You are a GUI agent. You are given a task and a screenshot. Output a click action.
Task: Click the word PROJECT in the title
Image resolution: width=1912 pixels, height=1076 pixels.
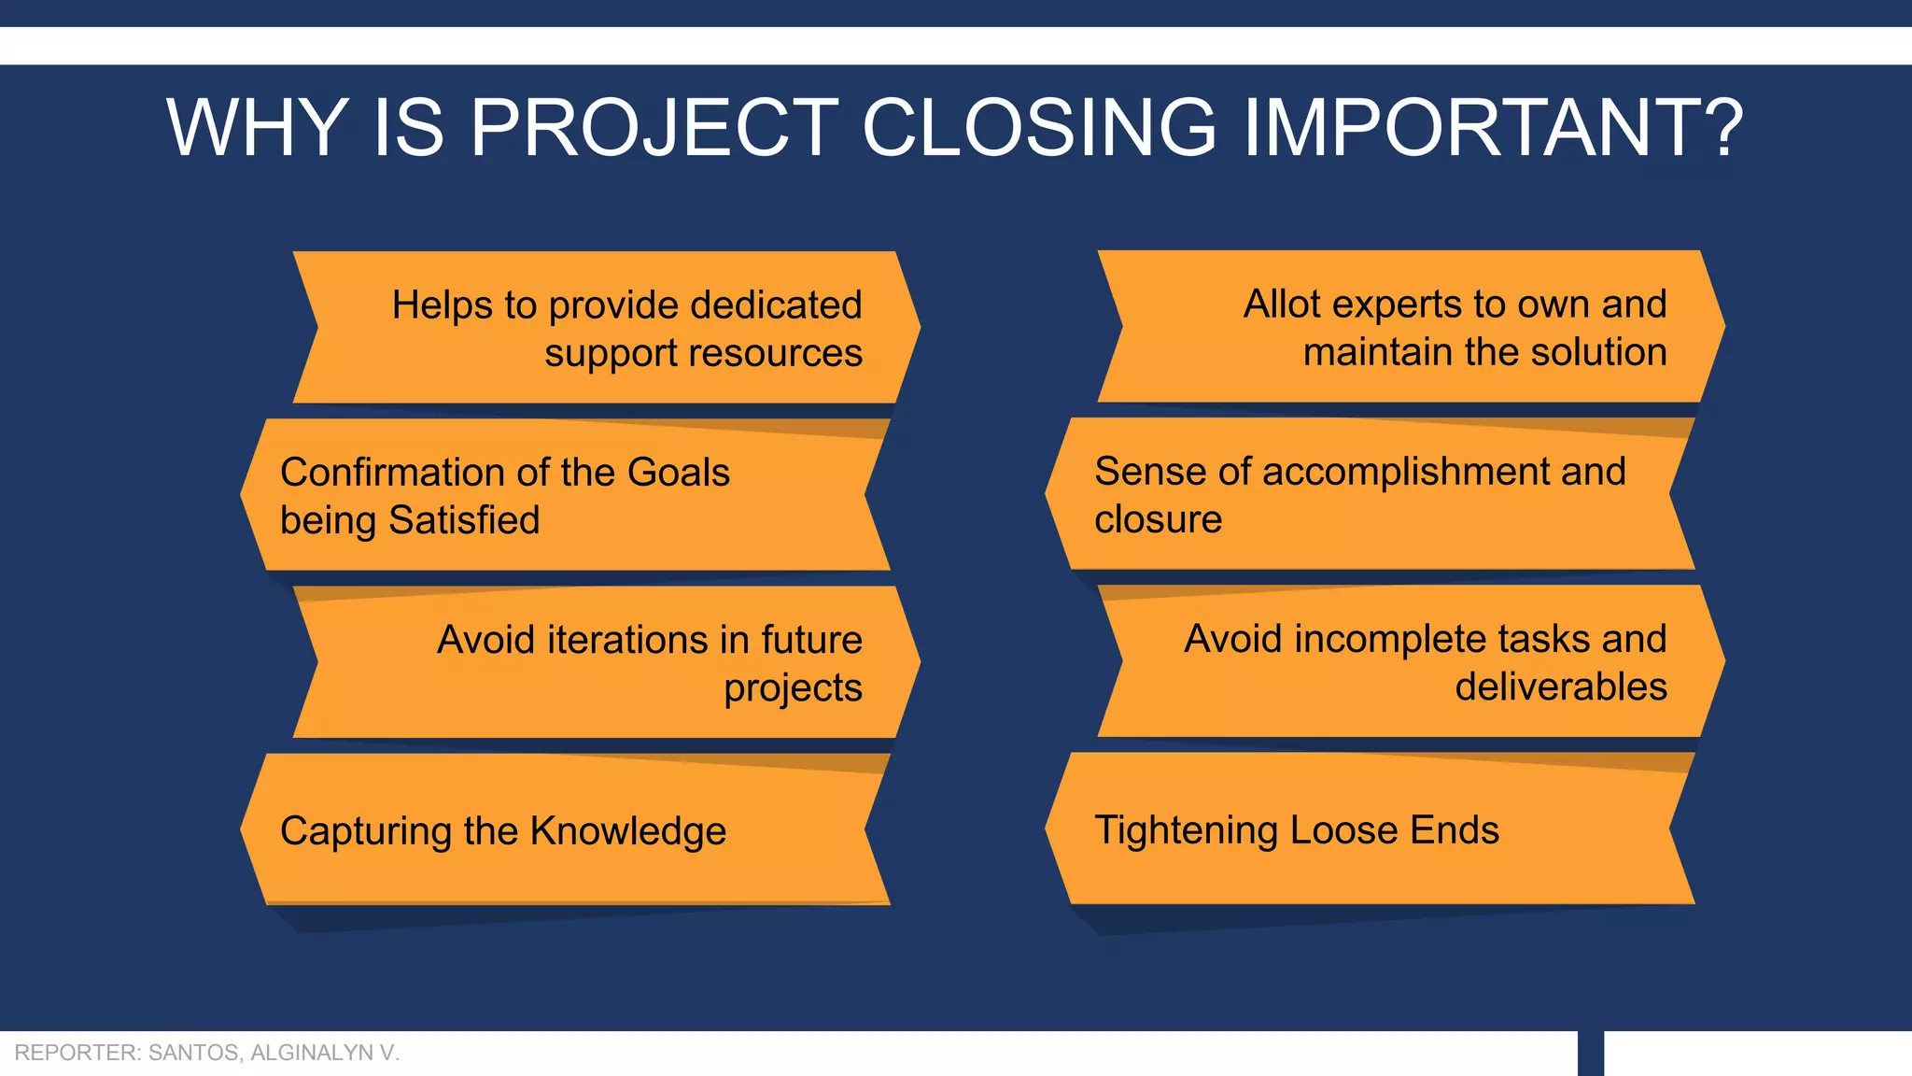coord(654,128)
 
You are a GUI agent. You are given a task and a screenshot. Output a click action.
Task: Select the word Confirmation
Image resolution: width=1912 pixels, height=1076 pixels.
coord(397,473)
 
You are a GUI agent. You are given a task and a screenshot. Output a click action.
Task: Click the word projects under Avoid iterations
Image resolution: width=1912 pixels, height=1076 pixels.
coord(793,688)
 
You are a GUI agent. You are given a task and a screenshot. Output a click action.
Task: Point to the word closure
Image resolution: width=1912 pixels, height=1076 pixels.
coord(1158,519)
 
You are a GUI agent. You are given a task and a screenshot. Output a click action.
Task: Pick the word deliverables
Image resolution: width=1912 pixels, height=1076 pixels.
coord(1560,687)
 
